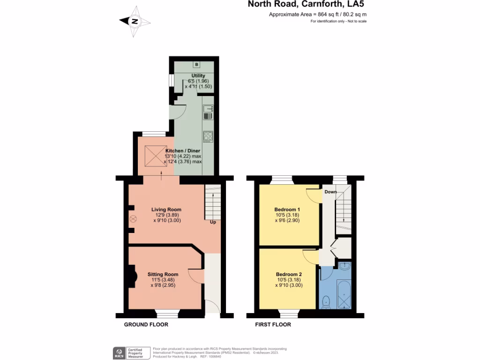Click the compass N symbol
[135, 21]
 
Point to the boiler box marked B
[196, 64]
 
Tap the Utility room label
[198, 75]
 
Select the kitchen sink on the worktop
[208, 112]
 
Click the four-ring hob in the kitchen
[208, 136]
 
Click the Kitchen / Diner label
[182, 150]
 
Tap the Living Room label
[166, 210]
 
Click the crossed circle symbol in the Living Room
[133, 218]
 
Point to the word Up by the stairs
[213, 222]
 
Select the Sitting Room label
[163, 274]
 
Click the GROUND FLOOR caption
[146, 324]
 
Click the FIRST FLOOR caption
[273, 324]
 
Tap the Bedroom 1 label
[288, 209]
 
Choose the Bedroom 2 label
[289, 274]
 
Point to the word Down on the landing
[330, 192]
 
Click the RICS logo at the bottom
[118, 352]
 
